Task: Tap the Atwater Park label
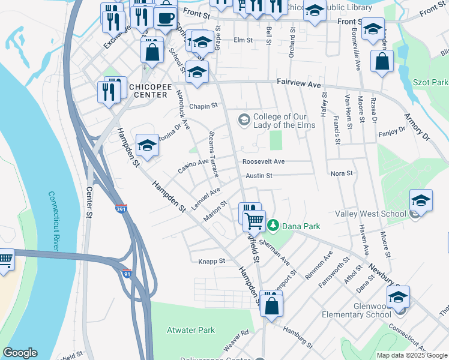[x=190, y=330]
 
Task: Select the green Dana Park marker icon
[x=274, y=226]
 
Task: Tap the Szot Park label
[x=431, y=82]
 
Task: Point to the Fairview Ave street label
[x=299, y=85]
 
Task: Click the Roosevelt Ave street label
[x=264, y=161]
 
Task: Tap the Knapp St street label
[x=211, y=261]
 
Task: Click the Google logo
[x=20, y=353]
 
